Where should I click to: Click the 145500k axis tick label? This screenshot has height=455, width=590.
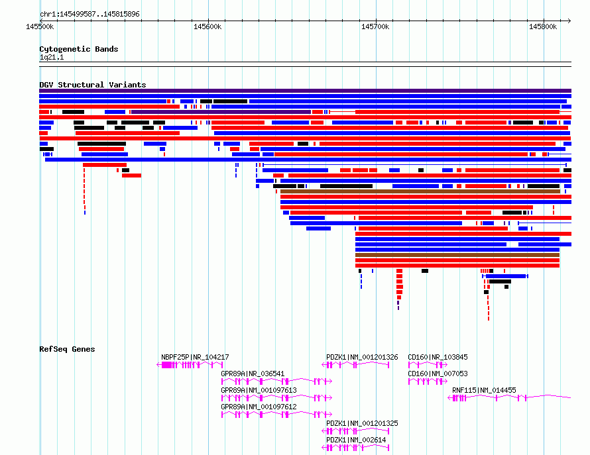pyautogui.click(x=40, y=26)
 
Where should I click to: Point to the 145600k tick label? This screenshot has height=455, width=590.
pyautogui.click(x=207, y=26)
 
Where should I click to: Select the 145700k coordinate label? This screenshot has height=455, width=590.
pyautogui.click(x=375, y=26)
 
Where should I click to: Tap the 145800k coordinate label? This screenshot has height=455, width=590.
pyautogui.click(x=543, y=26)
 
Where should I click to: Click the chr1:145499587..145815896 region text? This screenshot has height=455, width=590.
pyautogui.click(x=89, y=15)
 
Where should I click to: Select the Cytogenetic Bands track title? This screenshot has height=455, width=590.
pyautogui.click(x=79, y=49)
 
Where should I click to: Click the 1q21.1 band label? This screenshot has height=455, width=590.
pyautogui.click(x=52, y=57)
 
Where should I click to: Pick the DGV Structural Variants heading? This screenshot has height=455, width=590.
pyautogui.click(x=93, y=85)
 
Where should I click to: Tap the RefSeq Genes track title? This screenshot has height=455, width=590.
pyautogui.click(x=67, y=349)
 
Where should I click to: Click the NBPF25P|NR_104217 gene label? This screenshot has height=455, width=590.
pyautogui.click(x=195, y=357)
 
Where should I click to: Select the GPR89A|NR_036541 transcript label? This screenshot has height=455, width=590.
pyautogui.click(x=253, y=374)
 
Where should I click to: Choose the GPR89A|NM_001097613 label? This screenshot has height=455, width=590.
pyautogui.click(x=259, y=390)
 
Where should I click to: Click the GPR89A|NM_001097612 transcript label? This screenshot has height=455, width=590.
pyautogui.click(x=259, y=407)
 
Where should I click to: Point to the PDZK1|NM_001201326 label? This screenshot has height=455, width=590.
pyautogui.click(x=362, y=357)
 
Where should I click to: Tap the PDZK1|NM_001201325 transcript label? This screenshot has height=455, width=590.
pyautogui.click(x=362, y=423)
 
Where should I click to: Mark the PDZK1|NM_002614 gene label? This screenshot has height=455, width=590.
pyautogui.click(x=356, y=440)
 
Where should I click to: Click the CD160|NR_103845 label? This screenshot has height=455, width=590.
pyautogui.click(x=438, y=357)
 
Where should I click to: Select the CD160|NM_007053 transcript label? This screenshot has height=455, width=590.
pyautogui.click(x=438, y=374)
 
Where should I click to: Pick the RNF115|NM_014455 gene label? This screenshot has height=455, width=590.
pyautogui.click(x=484, y=390)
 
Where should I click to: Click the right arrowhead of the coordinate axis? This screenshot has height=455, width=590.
pyautogui.click(x=569, y=21)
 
